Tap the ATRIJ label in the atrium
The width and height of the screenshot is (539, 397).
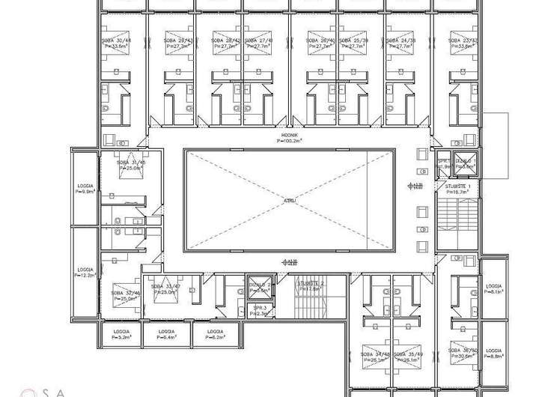[289, 201]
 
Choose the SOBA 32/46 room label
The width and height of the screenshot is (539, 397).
[126, 293]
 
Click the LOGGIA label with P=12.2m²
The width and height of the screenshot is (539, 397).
[85, 270]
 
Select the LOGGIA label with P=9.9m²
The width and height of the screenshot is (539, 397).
[85, 184]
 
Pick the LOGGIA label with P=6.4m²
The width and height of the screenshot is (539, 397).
[166, 331]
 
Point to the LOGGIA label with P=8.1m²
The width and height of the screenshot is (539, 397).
[493, 287]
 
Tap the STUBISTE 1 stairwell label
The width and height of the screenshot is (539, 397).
[457, 185]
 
